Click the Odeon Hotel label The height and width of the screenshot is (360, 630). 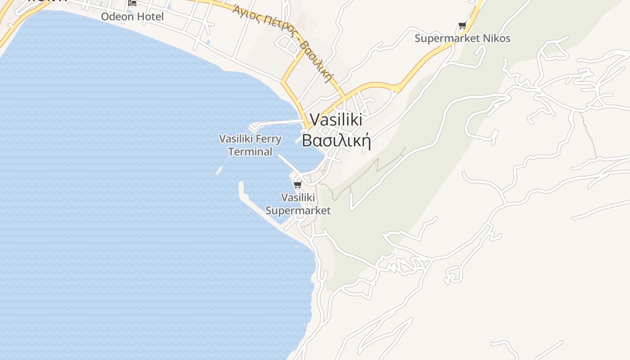[132, 17]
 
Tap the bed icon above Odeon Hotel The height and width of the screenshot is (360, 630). [132, 3]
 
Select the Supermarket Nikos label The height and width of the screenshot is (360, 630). [463, 38]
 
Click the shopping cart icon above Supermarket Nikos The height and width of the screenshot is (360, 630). [462, 26]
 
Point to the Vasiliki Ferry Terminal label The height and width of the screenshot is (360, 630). [250, 145]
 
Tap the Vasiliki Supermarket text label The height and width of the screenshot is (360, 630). [298, 204]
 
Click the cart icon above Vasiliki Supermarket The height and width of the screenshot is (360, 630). [297, 184]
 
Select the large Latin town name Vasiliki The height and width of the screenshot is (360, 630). [336, 120]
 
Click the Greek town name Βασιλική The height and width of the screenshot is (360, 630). [336, 140]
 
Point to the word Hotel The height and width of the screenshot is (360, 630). [150, 17]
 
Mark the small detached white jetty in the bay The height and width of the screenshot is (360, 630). [220, 171]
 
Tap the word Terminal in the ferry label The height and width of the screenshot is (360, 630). [250, 152]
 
